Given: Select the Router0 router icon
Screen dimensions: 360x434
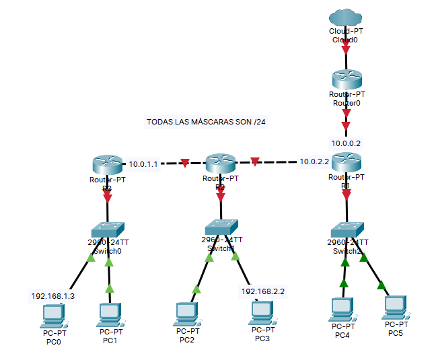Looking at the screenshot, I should pos(346,80).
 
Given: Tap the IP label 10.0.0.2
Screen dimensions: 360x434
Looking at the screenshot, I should pos(346,143).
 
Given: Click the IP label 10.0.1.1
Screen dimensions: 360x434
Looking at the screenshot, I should pos(143,164).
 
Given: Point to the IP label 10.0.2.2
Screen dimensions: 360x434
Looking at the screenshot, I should pos(314,161).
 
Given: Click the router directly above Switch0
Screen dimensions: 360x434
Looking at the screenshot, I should pos(106,164).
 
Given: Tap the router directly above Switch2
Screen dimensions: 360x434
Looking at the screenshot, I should pos(346,162).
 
